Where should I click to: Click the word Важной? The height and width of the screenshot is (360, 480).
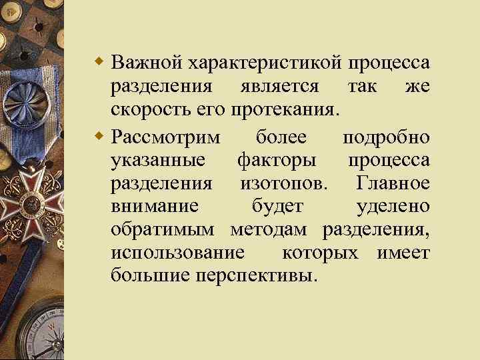pos(147,63)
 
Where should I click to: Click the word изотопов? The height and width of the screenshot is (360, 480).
pos(275,183)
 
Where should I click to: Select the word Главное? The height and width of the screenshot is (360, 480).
pos(393,183)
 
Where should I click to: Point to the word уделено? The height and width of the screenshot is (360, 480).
pos(393,207)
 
